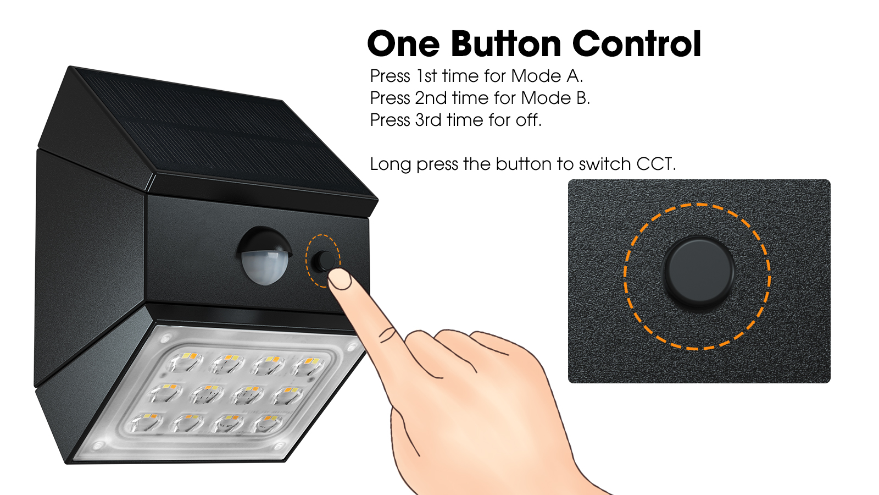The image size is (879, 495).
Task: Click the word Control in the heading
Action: point(637,43)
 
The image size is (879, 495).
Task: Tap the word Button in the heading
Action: point(506,43)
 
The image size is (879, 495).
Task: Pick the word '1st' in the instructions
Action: point(426,76)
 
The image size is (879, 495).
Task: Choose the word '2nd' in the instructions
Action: point(431,98)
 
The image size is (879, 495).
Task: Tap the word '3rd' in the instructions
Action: point(428,120)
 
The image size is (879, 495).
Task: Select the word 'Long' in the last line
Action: point(391,164)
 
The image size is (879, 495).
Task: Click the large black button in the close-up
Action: point(699,271)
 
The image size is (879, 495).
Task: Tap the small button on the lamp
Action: point(325,261)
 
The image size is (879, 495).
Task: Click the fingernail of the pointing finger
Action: point(340,280)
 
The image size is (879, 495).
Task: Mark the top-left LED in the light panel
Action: point(185,361)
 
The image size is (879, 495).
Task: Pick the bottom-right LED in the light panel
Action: point(267,424)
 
